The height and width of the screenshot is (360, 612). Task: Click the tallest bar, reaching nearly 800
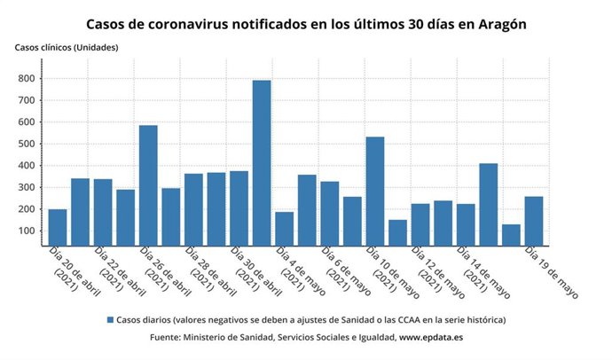262,163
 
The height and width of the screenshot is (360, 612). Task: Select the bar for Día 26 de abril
148,185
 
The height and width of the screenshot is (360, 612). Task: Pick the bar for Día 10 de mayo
375,191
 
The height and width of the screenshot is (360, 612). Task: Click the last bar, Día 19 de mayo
534,221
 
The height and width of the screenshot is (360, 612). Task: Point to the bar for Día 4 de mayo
285,228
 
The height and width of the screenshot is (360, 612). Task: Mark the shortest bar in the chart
511,235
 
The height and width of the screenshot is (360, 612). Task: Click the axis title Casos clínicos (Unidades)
66,46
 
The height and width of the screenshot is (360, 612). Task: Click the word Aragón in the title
498,24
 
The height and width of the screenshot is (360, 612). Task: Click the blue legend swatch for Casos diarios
110,319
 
